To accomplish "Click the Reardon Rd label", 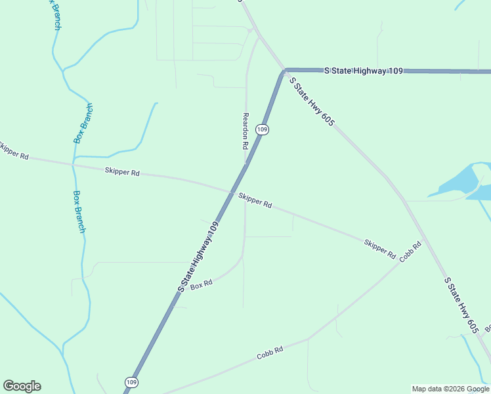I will (x=245, y=129).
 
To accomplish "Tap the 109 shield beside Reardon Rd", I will (x=262, y=129).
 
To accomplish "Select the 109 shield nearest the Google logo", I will (x=131, y=382).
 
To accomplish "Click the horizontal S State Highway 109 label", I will (x=364, y=70).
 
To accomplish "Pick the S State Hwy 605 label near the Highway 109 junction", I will (x=312, y=102).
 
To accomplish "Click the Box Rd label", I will (x=202, y=285).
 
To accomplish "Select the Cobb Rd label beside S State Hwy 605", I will (x=410, y=251).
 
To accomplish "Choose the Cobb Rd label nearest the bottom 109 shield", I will (x=270, y=353).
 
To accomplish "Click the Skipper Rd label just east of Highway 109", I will (x=255, y=200).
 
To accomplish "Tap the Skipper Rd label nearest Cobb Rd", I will (x=380, y=249).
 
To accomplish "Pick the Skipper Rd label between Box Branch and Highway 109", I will (x=122, y=172).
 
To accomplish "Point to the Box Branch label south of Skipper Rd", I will (x=79, y=211).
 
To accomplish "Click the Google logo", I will (x=22, y=386).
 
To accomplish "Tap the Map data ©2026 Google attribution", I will (x=450, y=389).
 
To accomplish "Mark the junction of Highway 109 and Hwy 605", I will (x=285, y=70).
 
